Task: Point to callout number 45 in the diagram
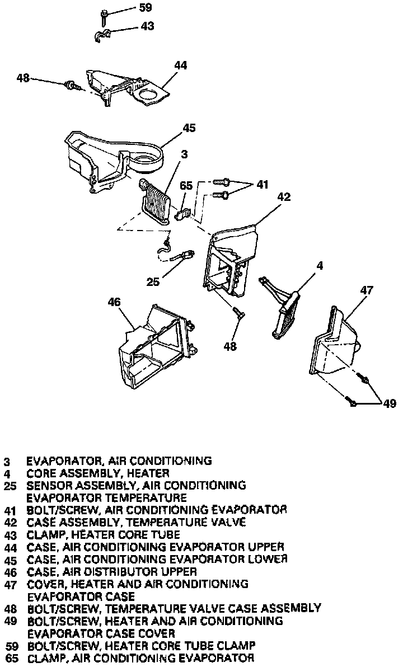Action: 189,128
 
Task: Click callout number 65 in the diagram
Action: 186,186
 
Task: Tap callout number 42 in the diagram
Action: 284,197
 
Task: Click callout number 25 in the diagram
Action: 153,282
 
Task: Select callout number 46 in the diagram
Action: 114,303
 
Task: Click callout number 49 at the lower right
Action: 390,404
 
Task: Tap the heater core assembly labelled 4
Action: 285,313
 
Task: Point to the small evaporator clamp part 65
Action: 184,212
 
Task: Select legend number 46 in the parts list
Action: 9,572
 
